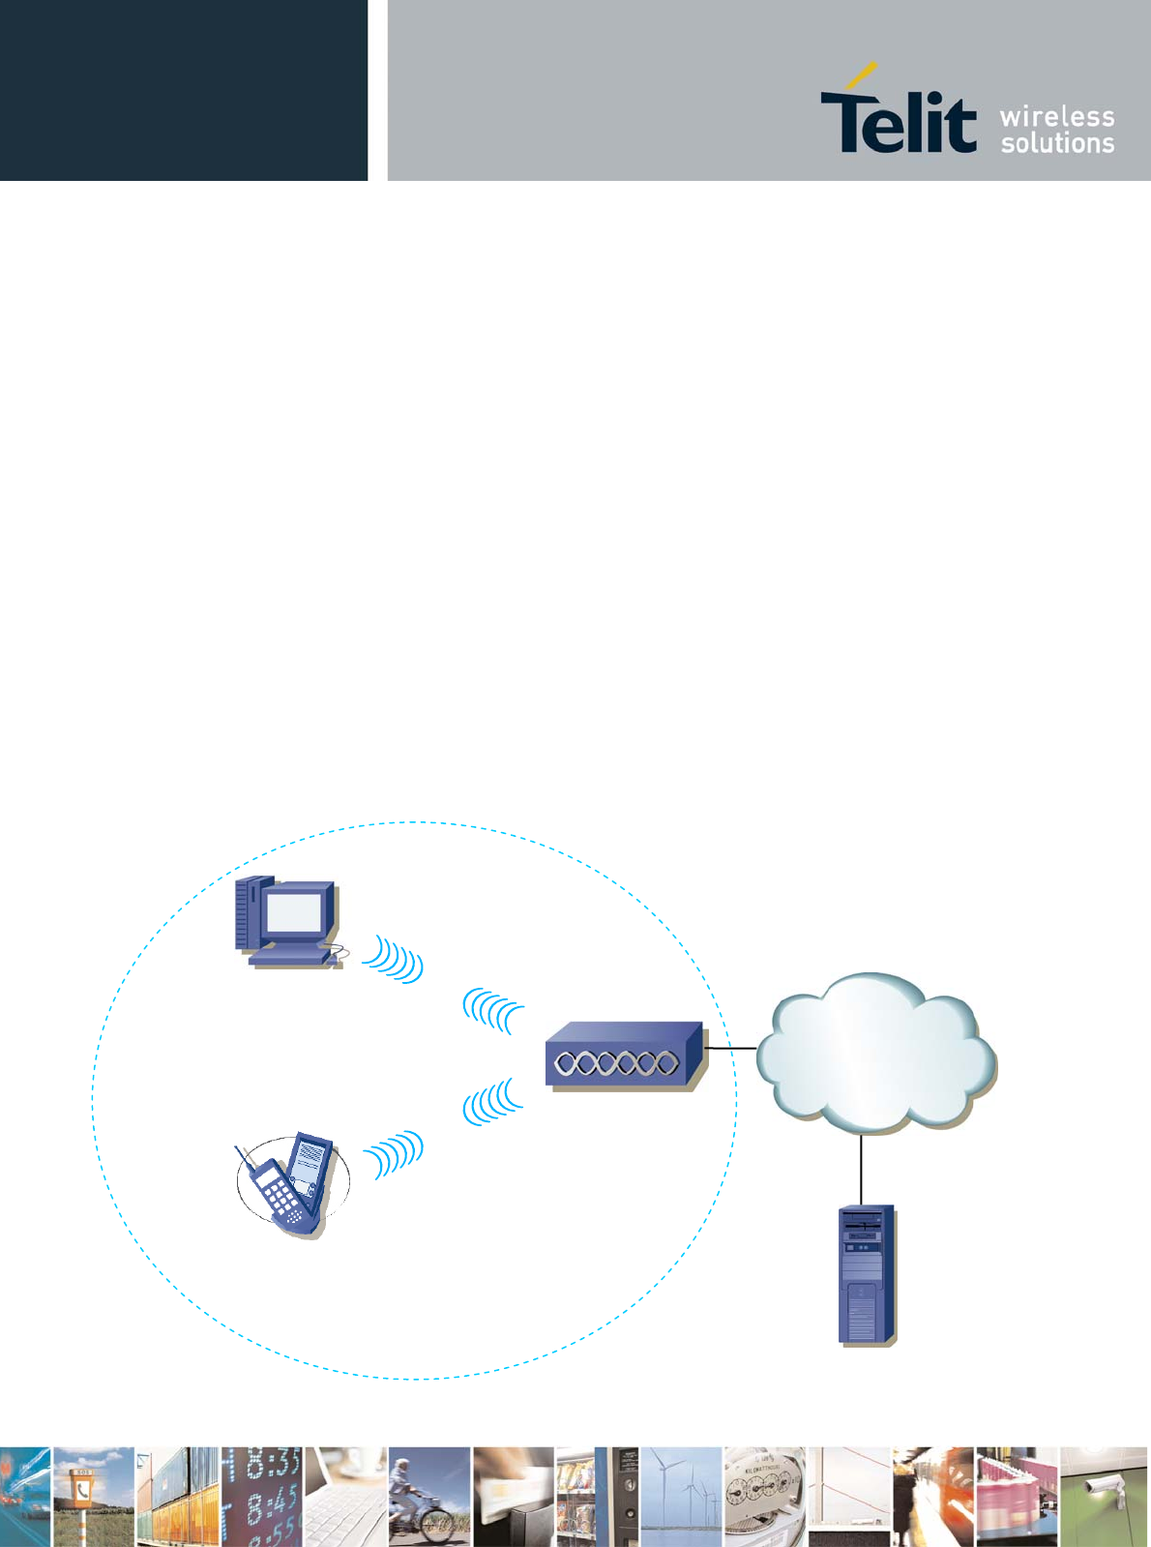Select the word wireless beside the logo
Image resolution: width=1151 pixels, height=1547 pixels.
[1057, 117]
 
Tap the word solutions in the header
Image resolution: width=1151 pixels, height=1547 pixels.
[1057, 144]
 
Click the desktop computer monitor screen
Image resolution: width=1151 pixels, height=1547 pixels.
[293, 911]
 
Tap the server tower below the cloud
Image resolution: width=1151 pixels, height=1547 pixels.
[867, 1273]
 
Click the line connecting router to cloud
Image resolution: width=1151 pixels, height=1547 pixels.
[731, 1048]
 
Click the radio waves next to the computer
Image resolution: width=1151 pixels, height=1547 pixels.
[395, 960]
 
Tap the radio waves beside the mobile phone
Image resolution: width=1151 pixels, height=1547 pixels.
[395, 1153]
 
